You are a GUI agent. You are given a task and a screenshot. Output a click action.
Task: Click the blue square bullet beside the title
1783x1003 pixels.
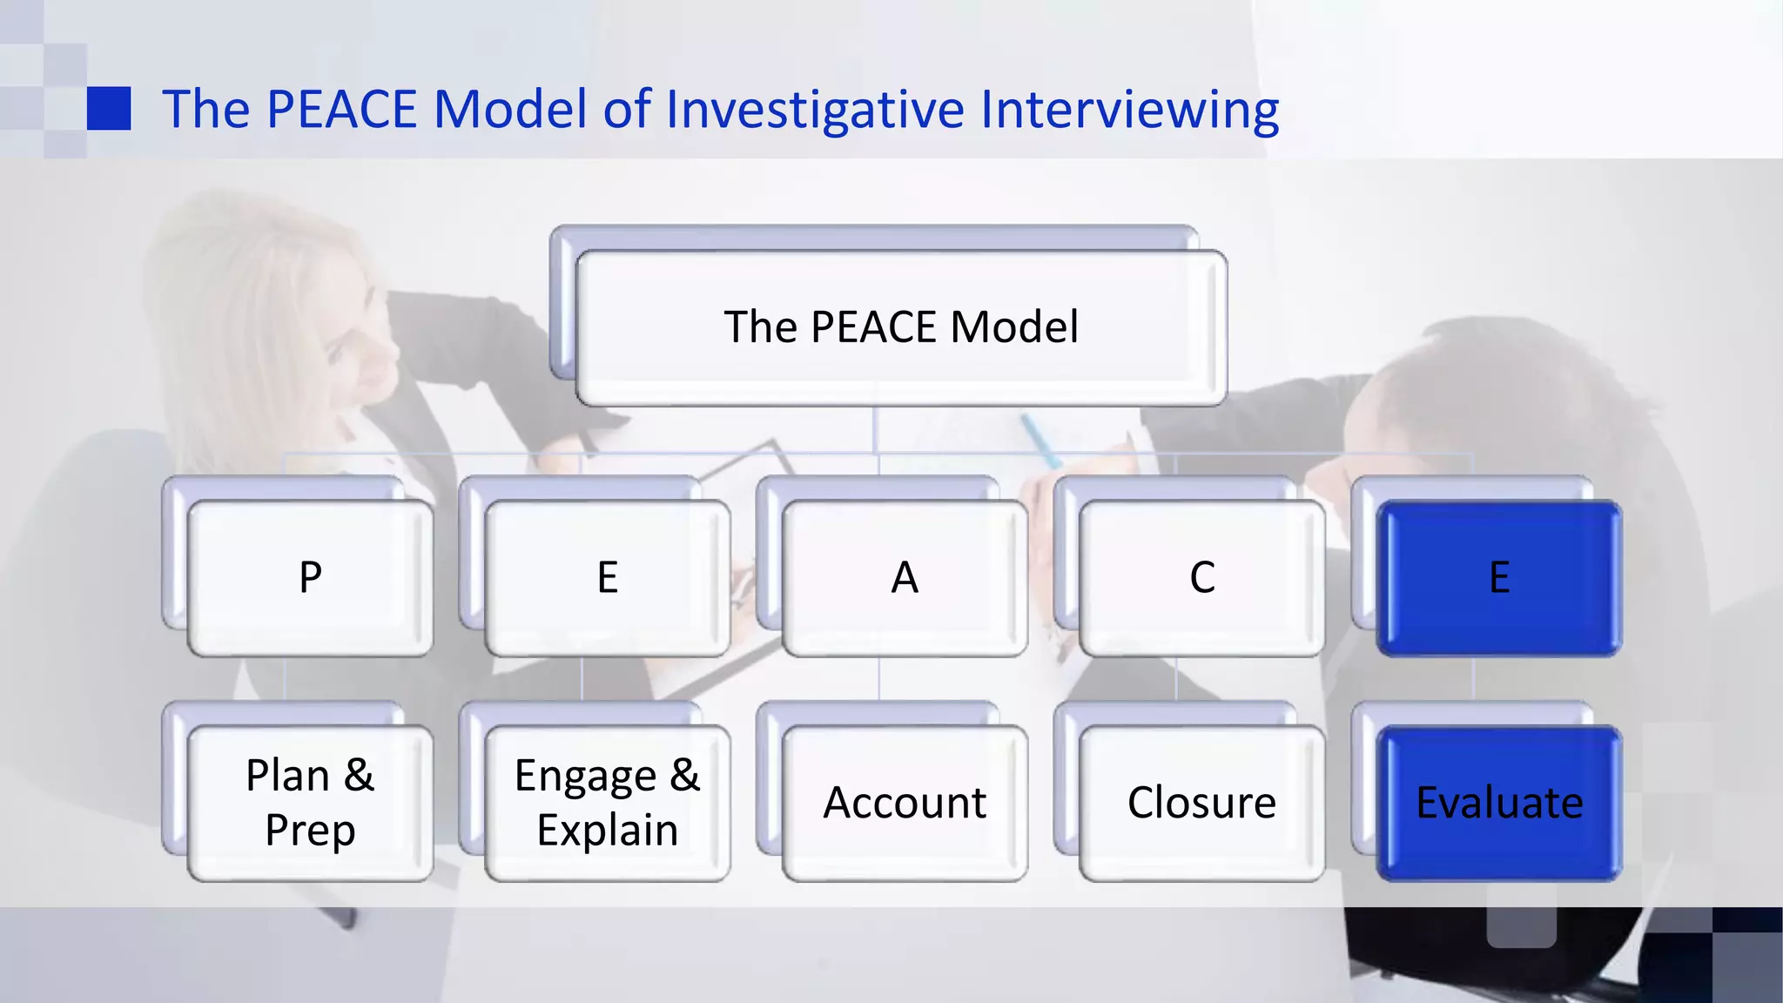[x=109, y=109]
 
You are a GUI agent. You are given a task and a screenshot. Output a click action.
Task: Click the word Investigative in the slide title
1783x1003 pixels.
[x=815, y=110]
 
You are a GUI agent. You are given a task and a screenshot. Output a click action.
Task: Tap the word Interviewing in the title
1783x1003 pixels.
[x=1129, y=110]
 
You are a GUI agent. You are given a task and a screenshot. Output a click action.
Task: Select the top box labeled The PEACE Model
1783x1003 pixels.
[x=901, y=327]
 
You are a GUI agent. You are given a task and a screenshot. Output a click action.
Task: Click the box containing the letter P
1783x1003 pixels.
[x=310, y=577]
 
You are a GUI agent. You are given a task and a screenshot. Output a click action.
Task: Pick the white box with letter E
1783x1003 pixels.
[x=608, y=577]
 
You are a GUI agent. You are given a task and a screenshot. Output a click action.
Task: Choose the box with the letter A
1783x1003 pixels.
[x=905, y=577]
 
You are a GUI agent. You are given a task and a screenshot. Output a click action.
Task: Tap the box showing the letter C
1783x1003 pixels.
[x=1202, y=577]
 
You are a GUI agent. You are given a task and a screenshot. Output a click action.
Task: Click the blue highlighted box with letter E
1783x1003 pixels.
[x=1499, y=577]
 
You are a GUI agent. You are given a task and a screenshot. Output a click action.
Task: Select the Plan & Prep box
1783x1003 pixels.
[x=310, y=803]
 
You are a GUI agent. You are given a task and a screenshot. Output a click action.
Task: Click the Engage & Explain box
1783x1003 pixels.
[x=608, y=803]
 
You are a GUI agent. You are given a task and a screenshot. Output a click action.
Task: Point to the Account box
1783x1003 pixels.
[x=905, y=803]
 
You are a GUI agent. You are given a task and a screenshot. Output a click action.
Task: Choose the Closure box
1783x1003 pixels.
[x=1202, y=803]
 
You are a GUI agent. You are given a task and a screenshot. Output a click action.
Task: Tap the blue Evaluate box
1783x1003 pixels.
[x=1499, y=803]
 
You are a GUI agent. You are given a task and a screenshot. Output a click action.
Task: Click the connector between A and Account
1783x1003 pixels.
[x=879, y=679]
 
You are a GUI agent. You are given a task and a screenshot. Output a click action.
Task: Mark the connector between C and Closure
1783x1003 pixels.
[x=1176, y=679]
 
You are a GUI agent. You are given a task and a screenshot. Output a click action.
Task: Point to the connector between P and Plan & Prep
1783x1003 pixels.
[x=285, y=679]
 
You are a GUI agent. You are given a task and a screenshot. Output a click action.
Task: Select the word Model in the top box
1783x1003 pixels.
[x=1013, y=327]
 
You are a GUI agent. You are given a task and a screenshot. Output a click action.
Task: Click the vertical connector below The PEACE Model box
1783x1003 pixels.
[x=875, y=429]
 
